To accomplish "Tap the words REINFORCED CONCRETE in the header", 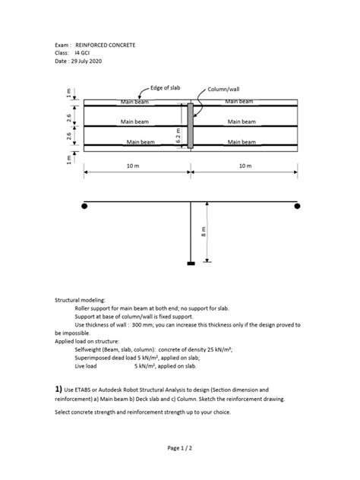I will click(106, 46).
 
